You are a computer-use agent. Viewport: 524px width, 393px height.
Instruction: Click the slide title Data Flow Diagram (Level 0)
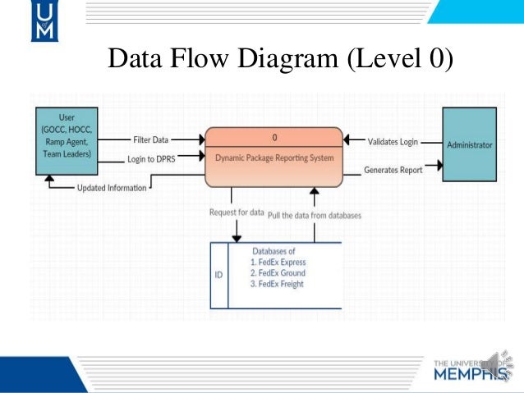(280, 59)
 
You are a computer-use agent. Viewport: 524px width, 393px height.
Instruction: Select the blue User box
(63, 140)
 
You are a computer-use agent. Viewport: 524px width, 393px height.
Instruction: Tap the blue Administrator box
(469, 145)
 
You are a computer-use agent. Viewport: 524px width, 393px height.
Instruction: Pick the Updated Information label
(112, 188)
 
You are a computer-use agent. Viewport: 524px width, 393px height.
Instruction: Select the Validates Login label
(393, 141)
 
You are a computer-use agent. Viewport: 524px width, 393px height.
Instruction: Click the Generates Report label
(393, 171)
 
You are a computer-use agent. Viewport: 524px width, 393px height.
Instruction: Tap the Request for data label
(237, 213)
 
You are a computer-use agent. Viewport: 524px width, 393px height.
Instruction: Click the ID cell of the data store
(218, 275)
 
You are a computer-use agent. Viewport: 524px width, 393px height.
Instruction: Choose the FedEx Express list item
(279, 263)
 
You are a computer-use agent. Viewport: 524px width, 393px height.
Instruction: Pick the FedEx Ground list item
(278, 273)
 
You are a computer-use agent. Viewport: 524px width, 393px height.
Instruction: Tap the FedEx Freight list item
(278, 284)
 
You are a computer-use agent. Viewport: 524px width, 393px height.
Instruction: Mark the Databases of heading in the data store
(273, 251)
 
